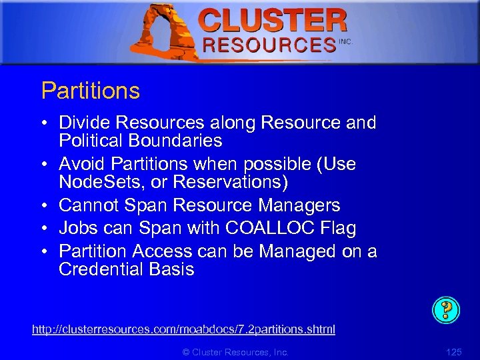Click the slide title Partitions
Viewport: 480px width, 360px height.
[x=91, y=91]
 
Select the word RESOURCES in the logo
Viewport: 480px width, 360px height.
[x=269, y=45]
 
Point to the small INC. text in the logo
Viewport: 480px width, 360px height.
[x=345, y=41]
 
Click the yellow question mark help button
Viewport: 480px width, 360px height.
[x=446, y=309]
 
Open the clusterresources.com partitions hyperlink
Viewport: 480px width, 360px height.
[x=183, y=329]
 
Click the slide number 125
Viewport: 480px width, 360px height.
[x=453, y=352]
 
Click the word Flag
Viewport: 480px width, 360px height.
[x=338, y=228]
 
